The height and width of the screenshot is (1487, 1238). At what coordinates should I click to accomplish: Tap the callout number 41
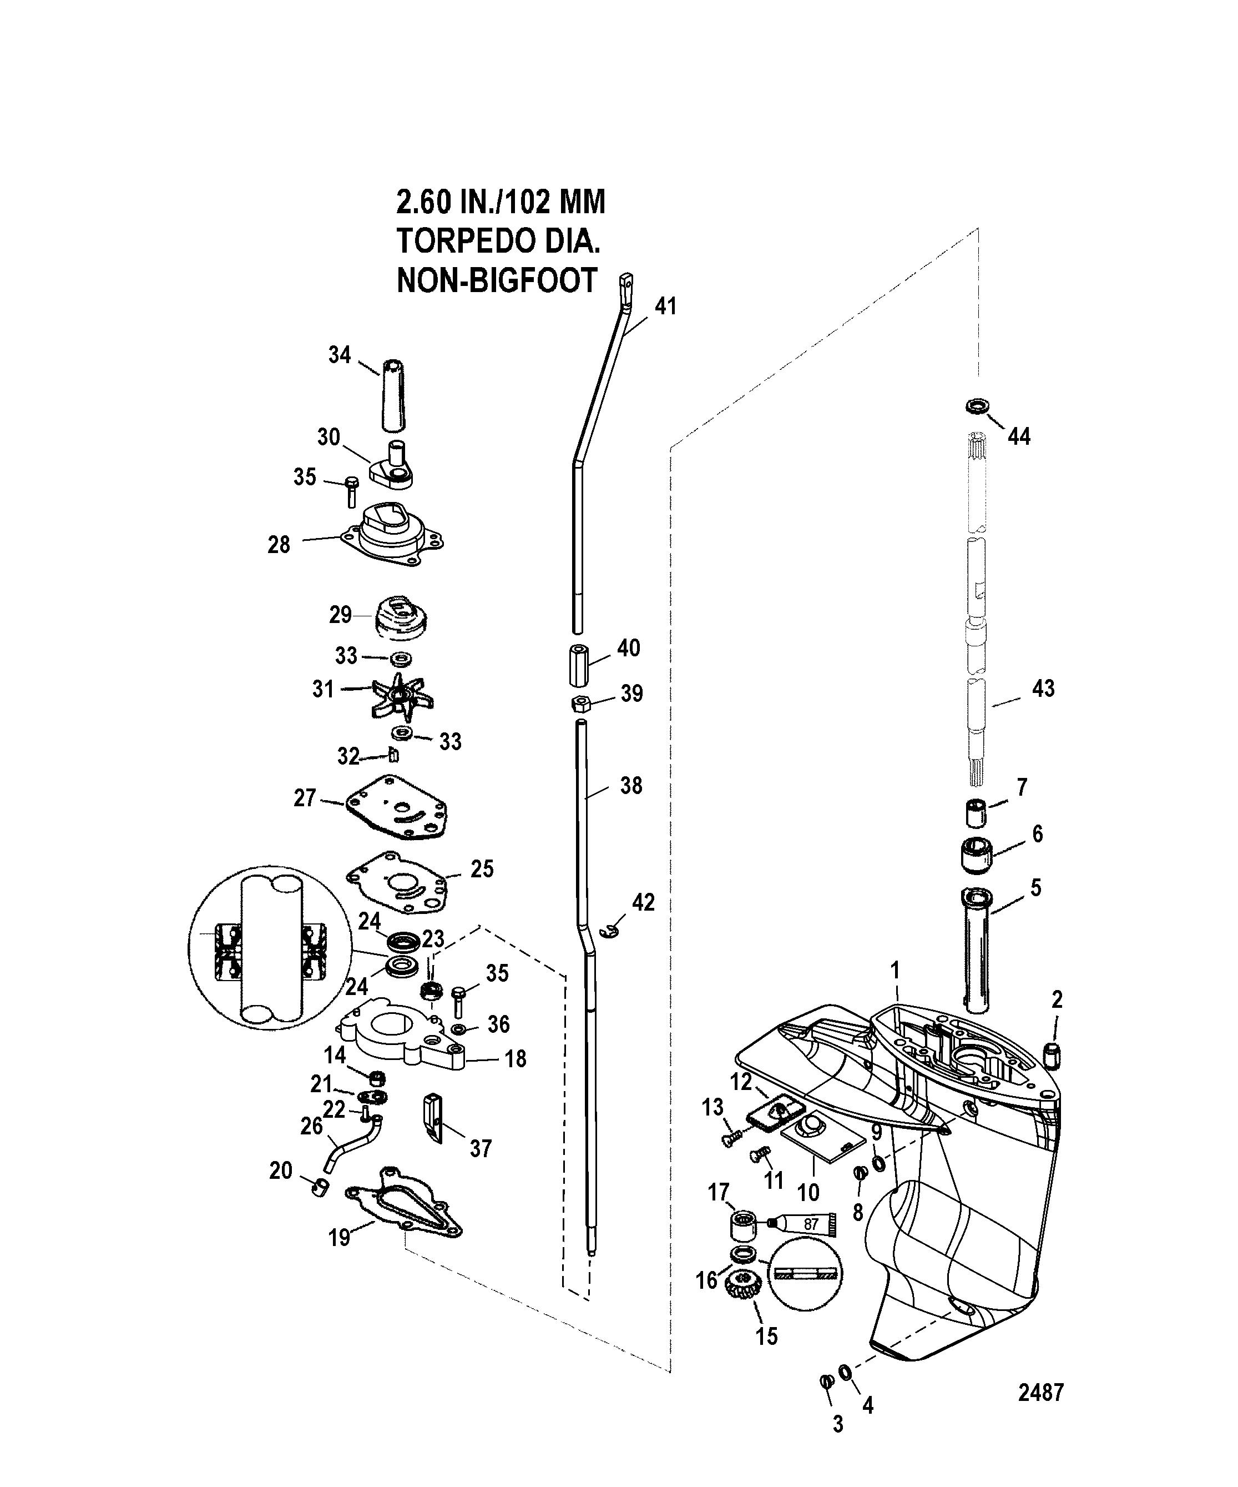(665, 307)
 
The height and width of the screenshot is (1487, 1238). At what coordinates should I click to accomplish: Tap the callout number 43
(1043, 689)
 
